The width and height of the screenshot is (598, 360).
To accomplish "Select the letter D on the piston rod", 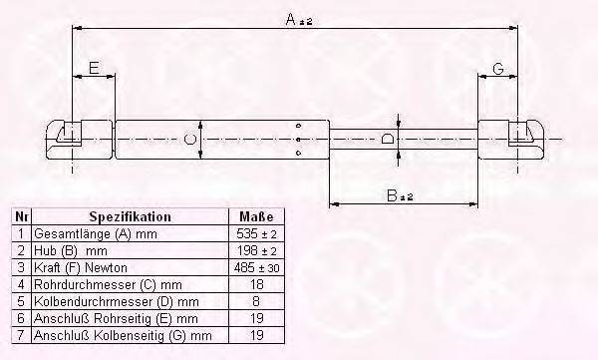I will tap(389, 140).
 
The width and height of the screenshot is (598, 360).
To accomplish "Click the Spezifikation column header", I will tap(130, 216).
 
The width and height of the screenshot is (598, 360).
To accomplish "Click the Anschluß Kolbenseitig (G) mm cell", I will tap(122, 335).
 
